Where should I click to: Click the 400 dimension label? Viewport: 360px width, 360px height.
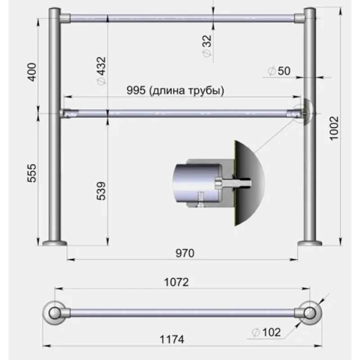(32, 72)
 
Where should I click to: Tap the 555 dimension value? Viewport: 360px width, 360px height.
(32, 173)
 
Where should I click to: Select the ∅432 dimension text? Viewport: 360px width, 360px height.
(101, 71)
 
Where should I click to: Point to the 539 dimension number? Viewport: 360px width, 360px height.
(101, 191)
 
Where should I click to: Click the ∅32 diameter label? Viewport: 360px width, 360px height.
(207, 46)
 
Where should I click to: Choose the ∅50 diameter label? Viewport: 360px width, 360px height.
(279, 71)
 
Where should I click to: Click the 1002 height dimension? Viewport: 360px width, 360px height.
(334, 128)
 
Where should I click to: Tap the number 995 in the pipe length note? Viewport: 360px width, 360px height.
(136, 90)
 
